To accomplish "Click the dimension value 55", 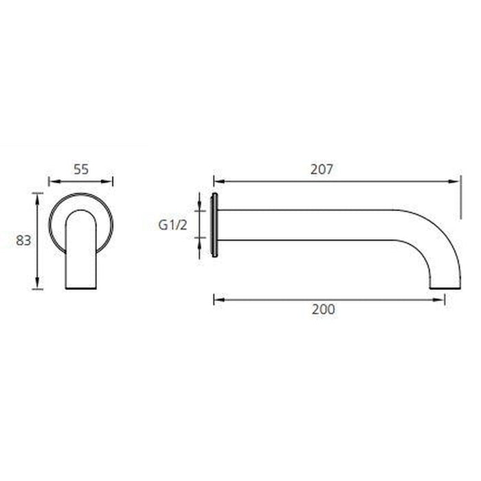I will [x=80, y=168].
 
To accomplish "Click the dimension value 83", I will [x=23, y=240].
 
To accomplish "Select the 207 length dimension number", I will [x=321, y=169].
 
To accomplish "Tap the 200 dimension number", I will [x=323, y=309].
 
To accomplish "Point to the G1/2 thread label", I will [x=172, y=225].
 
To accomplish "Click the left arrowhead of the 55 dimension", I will [x=52, y=181].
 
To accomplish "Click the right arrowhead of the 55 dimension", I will [x=109, y=181].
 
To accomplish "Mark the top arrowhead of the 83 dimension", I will [x=38, y=197].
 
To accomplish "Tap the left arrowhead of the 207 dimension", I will [x=218, y=181].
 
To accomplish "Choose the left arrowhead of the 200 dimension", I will [x=218, y=298].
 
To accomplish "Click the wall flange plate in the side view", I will [x=215, y=225].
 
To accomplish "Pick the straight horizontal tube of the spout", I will [x=309, y=225].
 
